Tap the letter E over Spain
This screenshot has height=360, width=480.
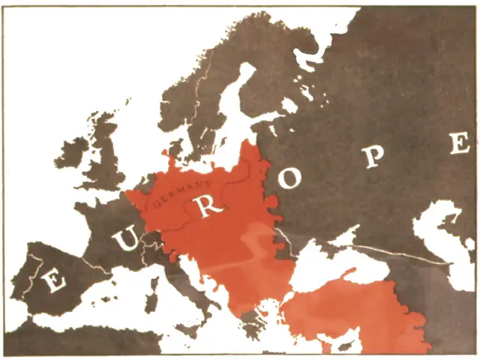click(53, 281)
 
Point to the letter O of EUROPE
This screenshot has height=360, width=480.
click(294, 178)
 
